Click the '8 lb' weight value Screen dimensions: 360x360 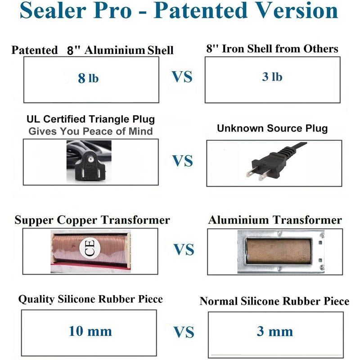(88, 78)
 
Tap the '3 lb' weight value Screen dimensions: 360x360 (272, 76)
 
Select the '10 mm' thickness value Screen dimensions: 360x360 (90, 332)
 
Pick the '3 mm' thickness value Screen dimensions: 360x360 (274, 332)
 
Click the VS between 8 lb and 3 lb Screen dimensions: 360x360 (182, 77)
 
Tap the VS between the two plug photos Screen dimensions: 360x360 (182, 161)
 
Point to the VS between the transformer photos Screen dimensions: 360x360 (184, 249)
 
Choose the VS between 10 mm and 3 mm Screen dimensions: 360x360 (184, 333)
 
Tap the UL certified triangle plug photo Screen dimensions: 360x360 (90, 162)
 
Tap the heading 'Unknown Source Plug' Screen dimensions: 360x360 (272, 128)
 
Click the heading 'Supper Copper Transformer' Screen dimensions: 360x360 (92, 220)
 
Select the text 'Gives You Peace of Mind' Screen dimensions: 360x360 (90, 131)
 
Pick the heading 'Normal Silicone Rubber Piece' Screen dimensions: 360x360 (274, 301)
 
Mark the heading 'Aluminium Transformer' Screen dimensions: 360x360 (275, 220)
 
